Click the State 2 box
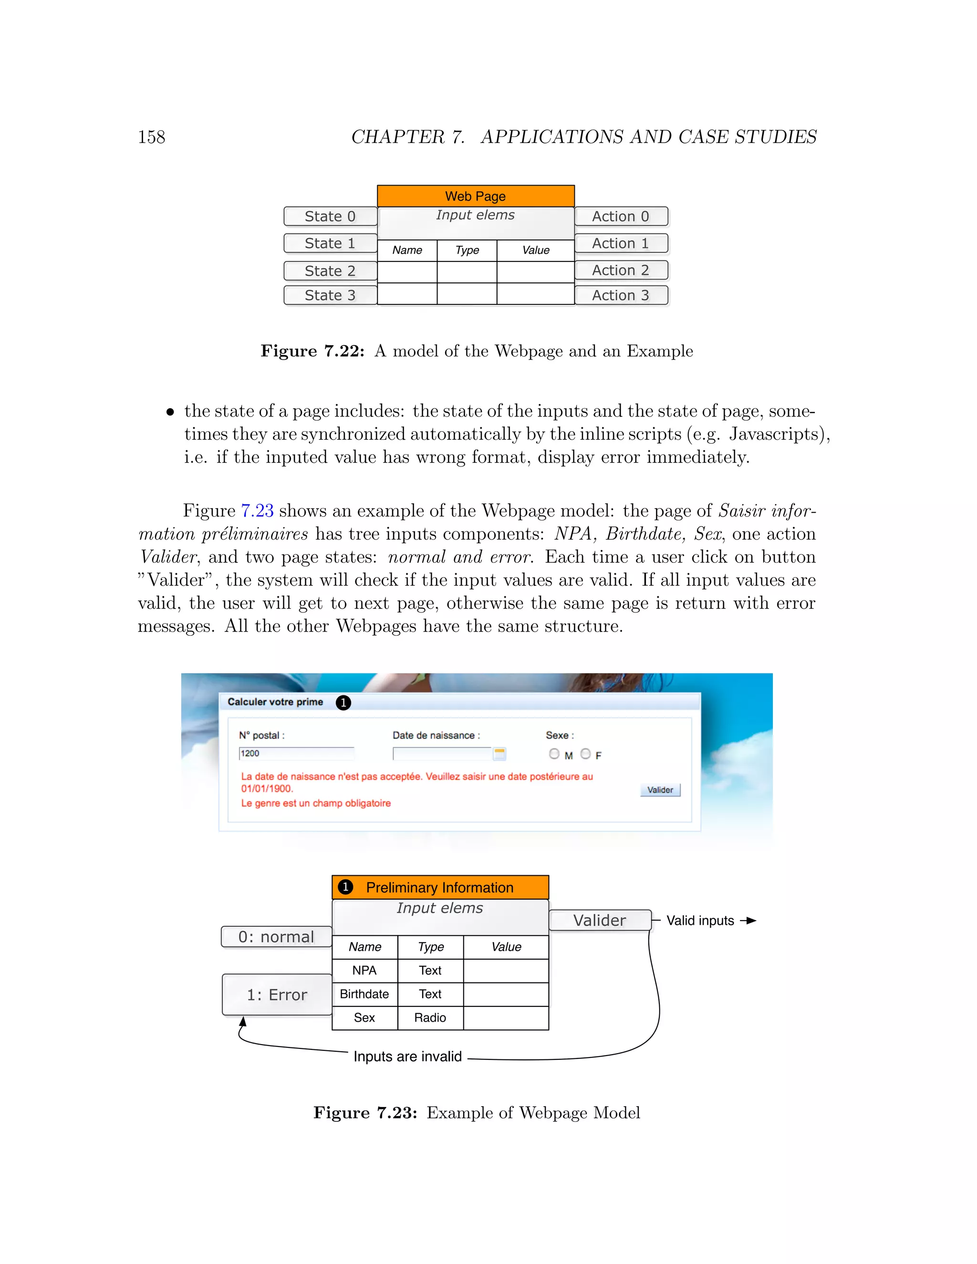tap(330, 271)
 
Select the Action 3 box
tap(621, 295)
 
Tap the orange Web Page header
tap(475, 196)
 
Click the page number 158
tap(152, 137)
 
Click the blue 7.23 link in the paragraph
tap(257, 510)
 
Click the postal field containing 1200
tap(296, 753)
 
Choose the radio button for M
tap(554, 754)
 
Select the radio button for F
tap(586, 754)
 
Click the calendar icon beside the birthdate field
tap(499, 754)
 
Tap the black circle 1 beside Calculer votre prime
tap(343, 703)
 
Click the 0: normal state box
tap(276, 936)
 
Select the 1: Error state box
tap(277, 995)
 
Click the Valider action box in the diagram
tap(600, 920)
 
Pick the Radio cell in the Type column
tap(430, 1017)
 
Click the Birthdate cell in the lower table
tap(364, 994)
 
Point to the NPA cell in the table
tap(364, 970)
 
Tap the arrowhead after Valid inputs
tap(751, 920)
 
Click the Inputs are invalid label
tap(407, 1056)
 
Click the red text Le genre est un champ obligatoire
tap(316, 803)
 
